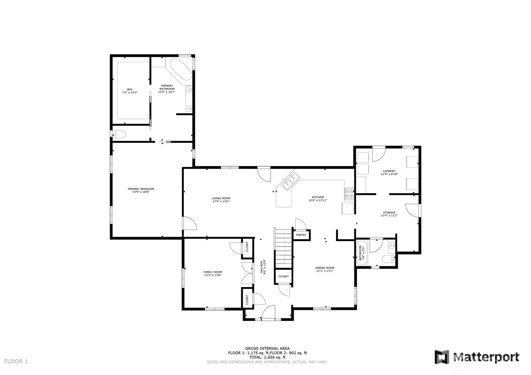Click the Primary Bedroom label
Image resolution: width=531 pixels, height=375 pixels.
[141, 190]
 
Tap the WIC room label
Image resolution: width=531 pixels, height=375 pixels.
[130, 91]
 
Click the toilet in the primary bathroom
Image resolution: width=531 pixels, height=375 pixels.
[119, 135]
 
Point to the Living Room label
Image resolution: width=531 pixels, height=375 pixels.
[221, 200]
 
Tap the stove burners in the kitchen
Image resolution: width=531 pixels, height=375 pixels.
[349, 194]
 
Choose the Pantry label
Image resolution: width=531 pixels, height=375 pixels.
[301, 235]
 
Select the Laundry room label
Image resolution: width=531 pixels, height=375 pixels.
[389, 172]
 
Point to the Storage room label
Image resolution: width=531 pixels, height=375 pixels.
[389, 214]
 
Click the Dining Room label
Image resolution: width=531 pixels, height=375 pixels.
[325, 269]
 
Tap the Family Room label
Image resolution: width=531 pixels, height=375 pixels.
[213, 274]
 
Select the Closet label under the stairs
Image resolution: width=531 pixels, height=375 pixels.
[283, 276]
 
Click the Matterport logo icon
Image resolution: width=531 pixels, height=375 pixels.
[442, 357]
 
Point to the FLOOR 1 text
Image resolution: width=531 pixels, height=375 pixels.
[16, 361]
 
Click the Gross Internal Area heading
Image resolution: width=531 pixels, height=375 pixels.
[267, 349]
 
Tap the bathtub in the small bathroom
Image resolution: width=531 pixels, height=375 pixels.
[362, 253]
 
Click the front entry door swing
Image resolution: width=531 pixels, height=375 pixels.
[268, 312]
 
